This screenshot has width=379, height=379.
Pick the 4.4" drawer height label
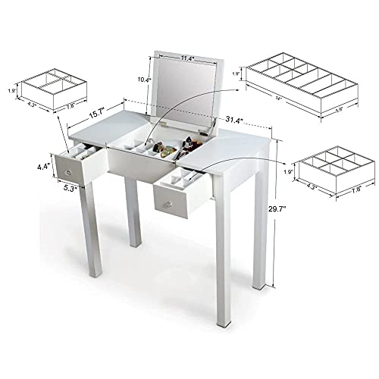point(43,162)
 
